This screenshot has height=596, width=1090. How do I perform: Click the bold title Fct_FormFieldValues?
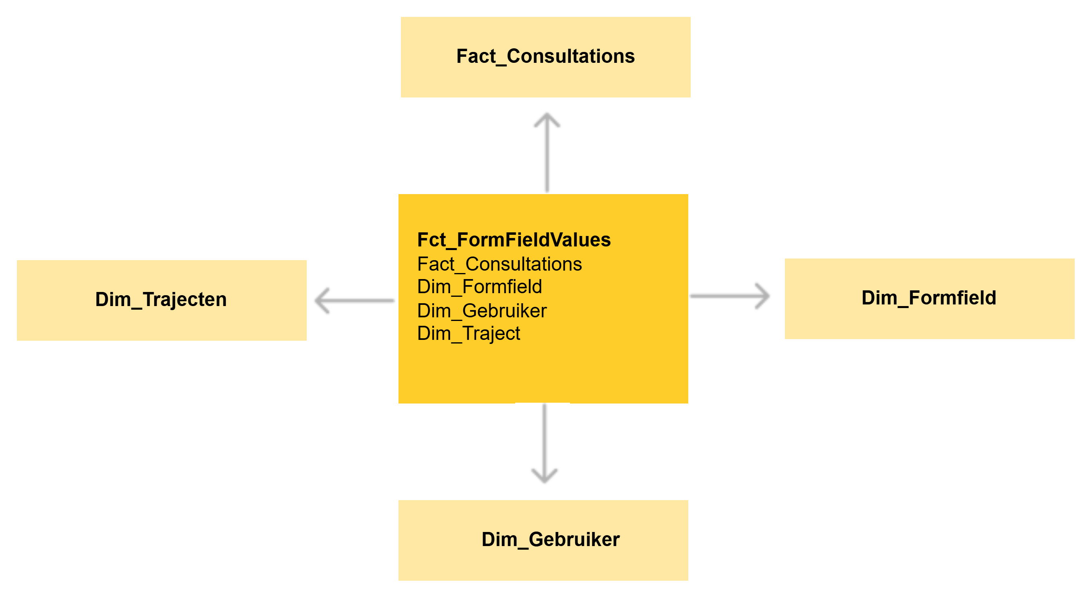(514, 240)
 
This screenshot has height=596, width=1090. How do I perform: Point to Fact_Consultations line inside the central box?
(499, 264)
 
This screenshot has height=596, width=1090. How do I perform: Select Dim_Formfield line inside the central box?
(479, 287)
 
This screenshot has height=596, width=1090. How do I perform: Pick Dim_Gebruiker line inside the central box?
(481, 311)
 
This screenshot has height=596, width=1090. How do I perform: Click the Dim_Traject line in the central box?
(469, 333)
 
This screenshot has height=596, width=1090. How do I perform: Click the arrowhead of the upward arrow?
(547, 118)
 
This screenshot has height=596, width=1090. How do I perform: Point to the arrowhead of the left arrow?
(322, 300)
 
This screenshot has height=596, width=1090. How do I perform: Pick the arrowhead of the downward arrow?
(544, 478)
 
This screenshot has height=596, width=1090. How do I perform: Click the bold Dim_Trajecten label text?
(161, 300)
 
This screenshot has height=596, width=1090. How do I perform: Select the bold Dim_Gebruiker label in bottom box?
(551, 540)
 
